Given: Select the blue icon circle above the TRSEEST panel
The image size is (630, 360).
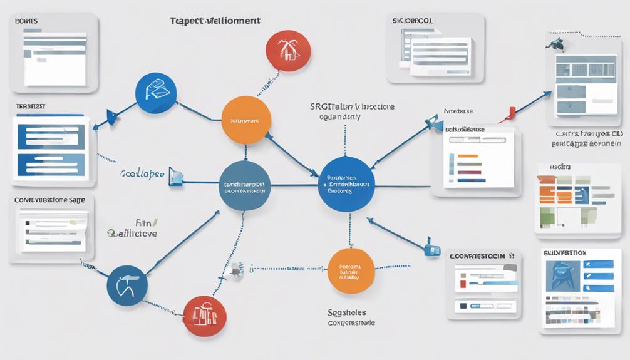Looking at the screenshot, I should tap(156, 93).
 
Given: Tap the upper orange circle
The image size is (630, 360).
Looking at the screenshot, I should tap(246, 120).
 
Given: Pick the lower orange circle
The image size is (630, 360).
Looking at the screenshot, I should tap(351, 270).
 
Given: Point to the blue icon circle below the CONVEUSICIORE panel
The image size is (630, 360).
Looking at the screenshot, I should tap(127, 285).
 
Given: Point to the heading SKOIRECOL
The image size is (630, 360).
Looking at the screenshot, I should tap(411, 21).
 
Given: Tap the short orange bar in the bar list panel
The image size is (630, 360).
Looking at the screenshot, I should tap(467, 155).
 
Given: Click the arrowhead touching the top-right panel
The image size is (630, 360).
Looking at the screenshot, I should tap(547, 95).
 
